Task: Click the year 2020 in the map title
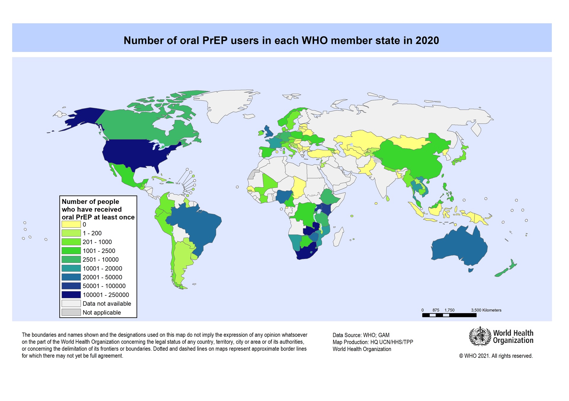(x=427, y=41)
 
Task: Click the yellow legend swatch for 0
(x=71, y=224)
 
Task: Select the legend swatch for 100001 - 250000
(x=71, y=295)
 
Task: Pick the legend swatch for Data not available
(x=71, y=304)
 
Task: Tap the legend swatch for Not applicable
(x=71, y=313)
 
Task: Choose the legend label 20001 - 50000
(x=102, y=277)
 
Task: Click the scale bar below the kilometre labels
(x=449, y=315)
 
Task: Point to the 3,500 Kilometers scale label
(x=486, y=310)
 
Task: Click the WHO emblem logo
(x=480, y=336)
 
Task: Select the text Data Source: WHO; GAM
(x=361, y=335)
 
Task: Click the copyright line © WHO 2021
(x=496, y=356)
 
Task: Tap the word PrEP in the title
(x=215, y=41)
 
